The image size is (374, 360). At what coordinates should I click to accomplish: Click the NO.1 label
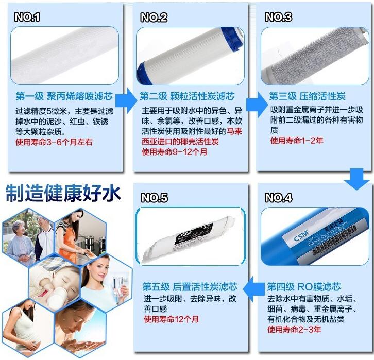[x=27, y=18]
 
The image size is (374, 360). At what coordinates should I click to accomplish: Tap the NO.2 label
[x=154, y=18]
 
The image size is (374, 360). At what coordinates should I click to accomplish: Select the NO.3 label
[x=279, y=18]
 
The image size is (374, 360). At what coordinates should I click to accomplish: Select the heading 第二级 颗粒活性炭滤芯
[x=187, y=97]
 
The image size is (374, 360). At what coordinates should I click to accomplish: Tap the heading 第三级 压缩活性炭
[x=307, y=97]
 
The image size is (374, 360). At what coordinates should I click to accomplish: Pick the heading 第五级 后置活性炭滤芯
[x=190, y=286]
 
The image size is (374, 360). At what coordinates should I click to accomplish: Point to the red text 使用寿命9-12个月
[x=174, y=152]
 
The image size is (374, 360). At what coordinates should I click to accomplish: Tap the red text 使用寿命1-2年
[x=296, y=140]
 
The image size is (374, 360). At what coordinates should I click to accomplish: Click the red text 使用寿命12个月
[x=171, y=320]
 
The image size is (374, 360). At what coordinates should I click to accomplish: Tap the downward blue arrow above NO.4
[x=357, y=178]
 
